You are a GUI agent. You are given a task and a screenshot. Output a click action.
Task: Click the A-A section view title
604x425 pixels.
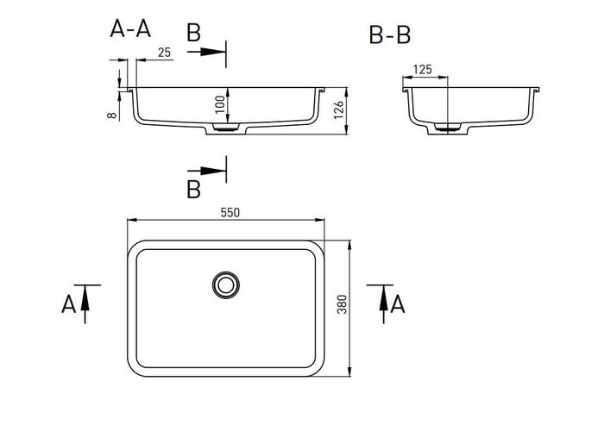click(x=130, y=28)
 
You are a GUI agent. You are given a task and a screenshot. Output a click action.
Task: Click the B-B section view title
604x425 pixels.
click(x=390, y=35)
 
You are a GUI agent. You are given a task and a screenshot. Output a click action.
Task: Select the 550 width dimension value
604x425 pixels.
click(x=230, y=212)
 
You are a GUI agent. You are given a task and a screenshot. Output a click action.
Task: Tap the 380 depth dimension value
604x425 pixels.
click(x=342, y=304)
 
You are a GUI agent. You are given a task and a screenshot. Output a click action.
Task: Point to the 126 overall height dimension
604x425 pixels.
click(x=338, y=110)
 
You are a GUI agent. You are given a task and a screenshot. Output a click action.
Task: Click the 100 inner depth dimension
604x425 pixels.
click(x=220, y=104)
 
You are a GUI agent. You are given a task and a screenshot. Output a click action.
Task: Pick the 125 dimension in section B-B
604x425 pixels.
click(x=423, y=70)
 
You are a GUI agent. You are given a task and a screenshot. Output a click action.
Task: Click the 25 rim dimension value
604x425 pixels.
click(x=164, y=53)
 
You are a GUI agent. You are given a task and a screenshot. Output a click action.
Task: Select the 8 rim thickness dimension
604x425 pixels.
click(x=112, y=116)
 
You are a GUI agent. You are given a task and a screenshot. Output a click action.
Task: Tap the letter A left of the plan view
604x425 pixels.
click(x=68, y=304)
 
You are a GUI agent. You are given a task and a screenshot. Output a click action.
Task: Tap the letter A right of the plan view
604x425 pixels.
click(x=398, y=304)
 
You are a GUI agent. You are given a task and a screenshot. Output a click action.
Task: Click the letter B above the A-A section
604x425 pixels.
click(x=194, y=33)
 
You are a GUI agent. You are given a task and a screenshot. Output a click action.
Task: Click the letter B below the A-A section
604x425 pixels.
click(x=194, y=190)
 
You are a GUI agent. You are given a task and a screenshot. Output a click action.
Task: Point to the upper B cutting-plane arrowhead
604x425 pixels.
click(x=213, y=52)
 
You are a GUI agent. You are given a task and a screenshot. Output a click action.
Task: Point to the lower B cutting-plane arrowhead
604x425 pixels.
click(x=213, y=171)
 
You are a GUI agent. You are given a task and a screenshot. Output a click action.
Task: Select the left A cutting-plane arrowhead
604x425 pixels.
click(x=85, y=297)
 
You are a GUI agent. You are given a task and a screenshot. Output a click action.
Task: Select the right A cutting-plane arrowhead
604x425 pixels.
click(x=383, y=297)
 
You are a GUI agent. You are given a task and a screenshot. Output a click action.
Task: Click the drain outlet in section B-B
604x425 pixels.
click(x=448, y=128)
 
